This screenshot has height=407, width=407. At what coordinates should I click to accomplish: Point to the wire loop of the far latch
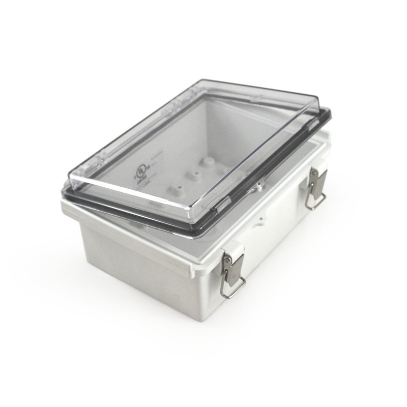(315, 201)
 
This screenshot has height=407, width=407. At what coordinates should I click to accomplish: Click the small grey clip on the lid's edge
(222, 206)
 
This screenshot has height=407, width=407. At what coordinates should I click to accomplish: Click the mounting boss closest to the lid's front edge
(176, 189)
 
